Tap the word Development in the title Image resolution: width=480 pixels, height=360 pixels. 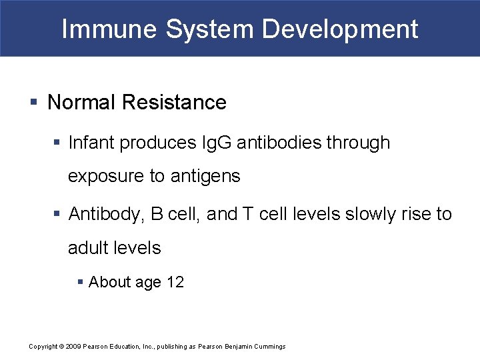click(340, 29)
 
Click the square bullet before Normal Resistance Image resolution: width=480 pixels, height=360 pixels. click(34, 103)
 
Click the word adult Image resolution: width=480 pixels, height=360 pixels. click(88, 248)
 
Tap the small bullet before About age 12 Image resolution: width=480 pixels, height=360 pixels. click(80, 283)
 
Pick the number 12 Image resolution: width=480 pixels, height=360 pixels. click(175, 282)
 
